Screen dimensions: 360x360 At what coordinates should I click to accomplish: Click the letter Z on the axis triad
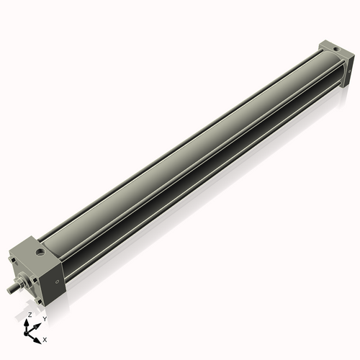29,315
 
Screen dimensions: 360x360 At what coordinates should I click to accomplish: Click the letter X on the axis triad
45,338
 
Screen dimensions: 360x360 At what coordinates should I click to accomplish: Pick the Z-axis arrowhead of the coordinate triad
27,322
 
